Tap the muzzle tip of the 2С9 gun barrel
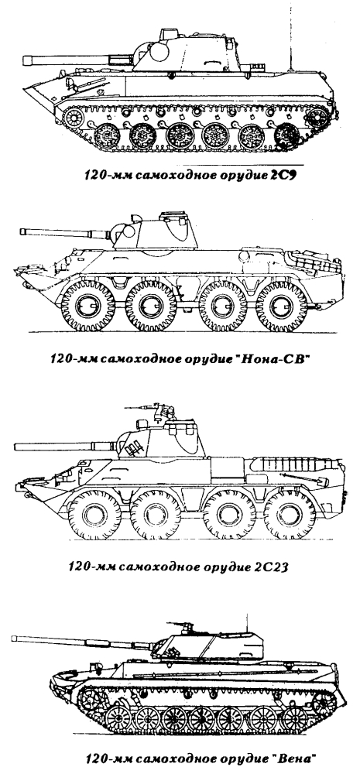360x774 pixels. point(24,60)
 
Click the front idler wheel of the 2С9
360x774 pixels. point(73,117)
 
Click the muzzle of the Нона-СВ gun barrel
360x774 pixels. point(22,231)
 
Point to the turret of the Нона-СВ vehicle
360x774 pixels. point(158,235)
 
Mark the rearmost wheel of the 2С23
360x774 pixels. point(290,515)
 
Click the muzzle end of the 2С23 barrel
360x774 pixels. point(16,447)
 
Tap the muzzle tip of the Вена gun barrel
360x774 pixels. point(13,639)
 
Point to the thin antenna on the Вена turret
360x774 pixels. point(247,623)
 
